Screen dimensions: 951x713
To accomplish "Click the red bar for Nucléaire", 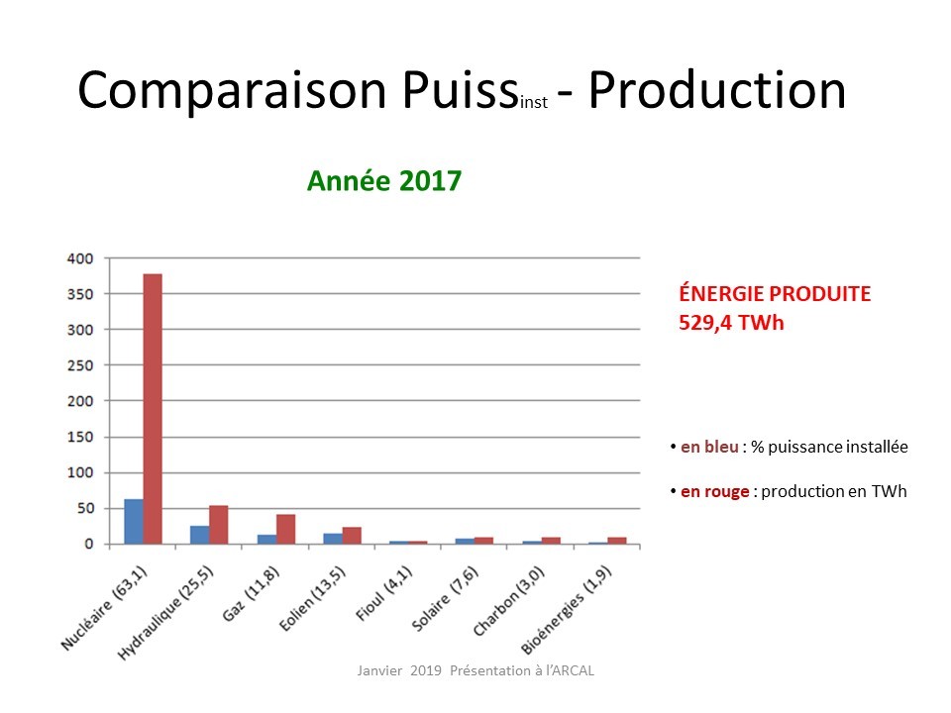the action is [x=153, y=409].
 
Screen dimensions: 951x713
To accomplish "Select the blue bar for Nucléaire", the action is [x=134, y=522].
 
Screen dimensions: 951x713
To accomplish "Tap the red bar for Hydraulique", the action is [x=219, y=525].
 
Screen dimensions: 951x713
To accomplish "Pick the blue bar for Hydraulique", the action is [x=200, y=535].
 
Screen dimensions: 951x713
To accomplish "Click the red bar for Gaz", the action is [x=285, y=529].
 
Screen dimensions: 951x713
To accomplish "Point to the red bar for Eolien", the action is [x=352, y=536].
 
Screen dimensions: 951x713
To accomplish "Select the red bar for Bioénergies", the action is [x=617, y=541].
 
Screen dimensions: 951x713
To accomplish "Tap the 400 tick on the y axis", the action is [x=80, y=258].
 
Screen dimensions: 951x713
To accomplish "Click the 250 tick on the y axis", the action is [x=80, y=365].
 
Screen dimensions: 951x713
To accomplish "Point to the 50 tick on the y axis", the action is [x=85, y=508].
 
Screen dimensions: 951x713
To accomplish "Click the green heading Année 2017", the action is [x=384, y=180].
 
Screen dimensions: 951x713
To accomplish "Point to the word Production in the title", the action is [x=717, y=90].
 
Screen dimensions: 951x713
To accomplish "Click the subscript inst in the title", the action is [x=534, y=102].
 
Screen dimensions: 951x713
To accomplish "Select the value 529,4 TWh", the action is [x=731, y=323].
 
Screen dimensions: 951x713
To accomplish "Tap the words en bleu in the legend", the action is [x=709, y=447].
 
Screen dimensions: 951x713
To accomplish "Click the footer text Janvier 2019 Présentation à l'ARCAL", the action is [x=475, y=670].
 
